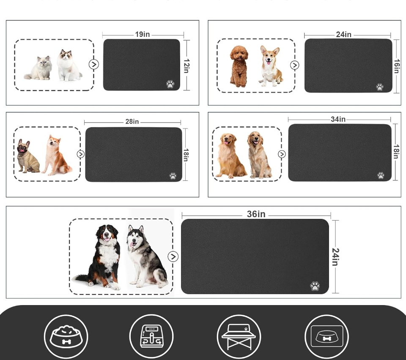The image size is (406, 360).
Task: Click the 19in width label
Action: pos(143,35)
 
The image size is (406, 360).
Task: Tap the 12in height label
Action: pos(186,65)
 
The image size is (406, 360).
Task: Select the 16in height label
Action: pos(397,66)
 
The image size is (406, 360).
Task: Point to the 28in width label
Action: pos(132,122)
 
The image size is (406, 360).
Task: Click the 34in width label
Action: pos(338,120)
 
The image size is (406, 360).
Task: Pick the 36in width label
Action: pos(256,215)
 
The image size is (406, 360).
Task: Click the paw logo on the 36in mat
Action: pos(315,286)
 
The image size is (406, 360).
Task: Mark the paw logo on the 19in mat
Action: pos(170,84)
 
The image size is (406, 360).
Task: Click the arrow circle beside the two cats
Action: pos(94,64)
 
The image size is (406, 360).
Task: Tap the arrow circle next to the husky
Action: pos(173,256)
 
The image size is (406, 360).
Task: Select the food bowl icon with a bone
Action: pos(66,337)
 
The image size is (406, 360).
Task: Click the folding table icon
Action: pos(239,337)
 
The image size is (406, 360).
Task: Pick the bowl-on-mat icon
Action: pos(326,337)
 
